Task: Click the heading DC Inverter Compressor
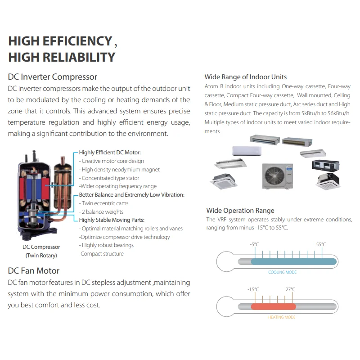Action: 53,77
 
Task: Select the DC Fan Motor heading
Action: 34,270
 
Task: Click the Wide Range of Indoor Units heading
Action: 245,77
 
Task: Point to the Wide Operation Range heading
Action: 240,210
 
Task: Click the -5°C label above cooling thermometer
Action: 254,244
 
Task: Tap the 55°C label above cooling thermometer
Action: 320,244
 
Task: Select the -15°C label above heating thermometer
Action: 253,289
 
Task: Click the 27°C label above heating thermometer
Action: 290,289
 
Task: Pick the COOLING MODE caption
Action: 282,272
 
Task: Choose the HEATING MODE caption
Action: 282,317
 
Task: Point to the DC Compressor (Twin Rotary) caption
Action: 41,251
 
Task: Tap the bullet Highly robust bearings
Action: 107,245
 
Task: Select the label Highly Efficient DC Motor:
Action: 110,153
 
